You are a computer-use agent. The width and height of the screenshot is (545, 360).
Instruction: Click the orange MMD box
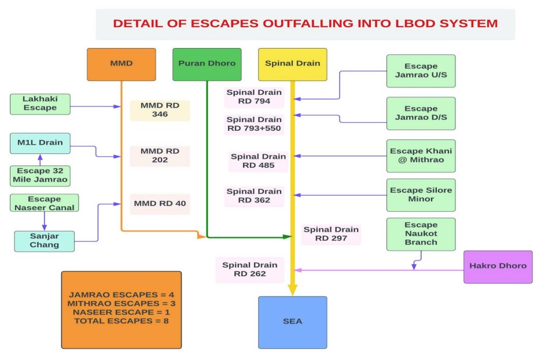pyautogui.click(x=121, y=64)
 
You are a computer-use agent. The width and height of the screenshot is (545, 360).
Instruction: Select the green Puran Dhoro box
pyautogui.click(x=207, y=64)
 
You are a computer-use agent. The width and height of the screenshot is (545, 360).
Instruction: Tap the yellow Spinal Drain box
pyautogui.click(x=292, y=64)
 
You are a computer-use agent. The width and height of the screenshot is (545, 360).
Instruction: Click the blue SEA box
pyautogui.click(x=292, y=322)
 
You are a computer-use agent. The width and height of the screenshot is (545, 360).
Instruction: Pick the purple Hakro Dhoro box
pyautogui.click(x=498, y=266)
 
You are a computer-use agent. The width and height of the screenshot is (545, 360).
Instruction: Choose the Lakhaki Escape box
pyautogui.click(x=40, y=104)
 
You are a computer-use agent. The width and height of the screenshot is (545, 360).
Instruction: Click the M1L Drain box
pyautogui.click(x=40, y=143)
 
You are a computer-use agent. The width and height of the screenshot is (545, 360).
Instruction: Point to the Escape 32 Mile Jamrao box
pyautogui.click(x=40, y=175)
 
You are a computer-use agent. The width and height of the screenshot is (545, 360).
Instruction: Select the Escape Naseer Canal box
pyautogui.click(x=44, y=203)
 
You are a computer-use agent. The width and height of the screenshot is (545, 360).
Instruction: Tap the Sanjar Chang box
pyautogui.click(x=45, y=240)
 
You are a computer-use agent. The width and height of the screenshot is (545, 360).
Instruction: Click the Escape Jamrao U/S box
pyautogui.click(x=421, y=71)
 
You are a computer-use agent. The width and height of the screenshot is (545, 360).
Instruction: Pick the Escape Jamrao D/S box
pyautogui.click(x=421, y=113)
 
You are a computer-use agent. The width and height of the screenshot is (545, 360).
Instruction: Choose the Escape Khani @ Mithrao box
pyautogui.click(x=421, y=156)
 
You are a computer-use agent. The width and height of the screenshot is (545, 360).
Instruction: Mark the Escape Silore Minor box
pyautogui.click(x=421, y=194)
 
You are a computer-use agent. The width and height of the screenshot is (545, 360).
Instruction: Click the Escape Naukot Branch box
pyautogui.click(x=421, y=234)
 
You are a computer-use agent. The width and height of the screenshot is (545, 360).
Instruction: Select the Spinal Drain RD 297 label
pyautogui.click(x=331, y=234)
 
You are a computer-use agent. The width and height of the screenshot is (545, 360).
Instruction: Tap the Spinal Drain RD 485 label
pyautogui.click(x=257, y=161)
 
